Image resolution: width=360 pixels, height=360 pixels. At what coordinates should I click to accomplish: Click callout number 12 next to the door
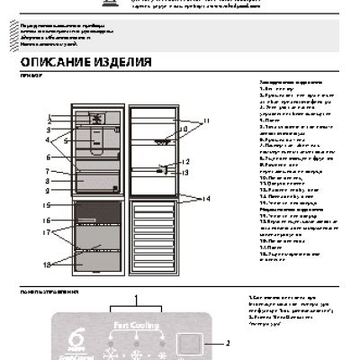pos(186,162)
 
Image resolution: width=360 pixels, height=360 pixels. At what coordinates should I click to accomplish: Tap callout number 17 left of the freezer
pos(45,232)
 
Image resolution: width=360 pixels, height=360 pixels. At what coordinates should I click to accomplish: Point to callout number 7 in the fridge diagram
pos(45,171)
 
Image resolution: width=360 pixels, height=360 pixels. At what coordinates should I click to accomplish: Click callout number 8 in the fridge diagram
pos(45,181)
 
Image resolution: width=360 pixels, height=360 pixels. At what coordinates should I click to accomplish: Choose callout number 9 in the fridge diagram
pos(45,190)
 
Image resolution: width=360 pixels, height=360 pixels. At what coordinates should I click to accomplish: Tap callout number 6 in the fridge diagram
pos(45,157)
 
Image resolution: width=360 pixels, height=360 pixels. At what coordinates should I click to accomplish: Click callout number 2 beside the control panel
pos(228,343)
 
